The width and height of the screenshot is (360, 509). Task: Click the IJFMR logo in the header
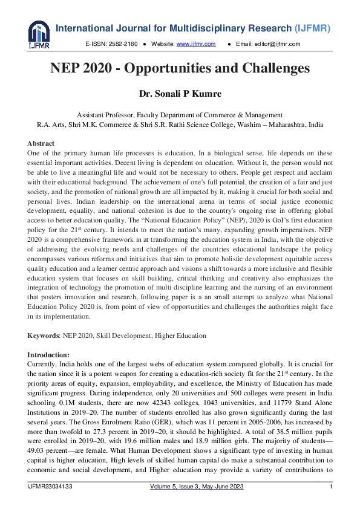click(39, 34)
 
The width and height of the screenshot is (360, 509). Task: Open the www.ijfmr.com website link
click(195, 44)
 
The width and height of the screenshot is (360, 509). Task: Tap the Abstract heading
click(41, 143)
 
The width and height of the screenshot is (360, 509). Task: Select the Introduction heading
click(48, 354)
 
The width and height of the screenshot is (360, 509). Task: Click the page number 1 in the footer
click(331, 487)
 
